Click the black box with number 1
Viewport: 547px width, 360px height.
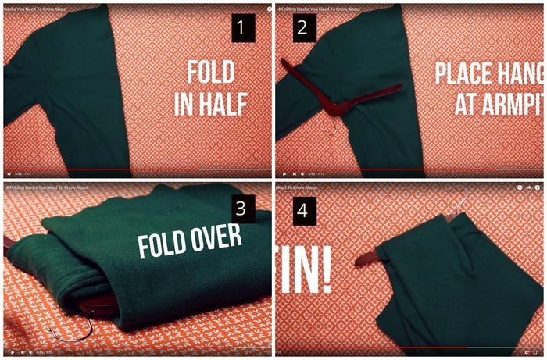[243, 30]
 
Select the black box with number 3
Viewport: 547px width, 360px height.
[242, 209]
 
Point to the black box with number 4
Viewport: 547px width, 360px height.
[304, 209]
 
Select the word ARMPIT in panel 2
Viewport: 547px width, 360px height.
[509, 105]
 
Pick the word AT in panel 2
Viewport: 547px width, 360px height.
[467, 105]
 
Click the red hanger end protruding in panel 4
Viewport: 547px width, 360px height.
[368, 258]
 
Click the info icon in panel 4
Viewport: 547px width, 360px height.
[538, 187]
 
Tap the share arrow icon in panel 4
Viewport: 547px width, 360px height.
[529, 187]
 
